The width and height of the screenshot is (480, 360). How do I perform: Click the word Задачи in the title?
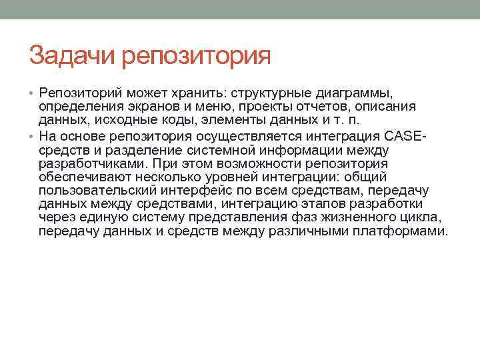[x=73, y=55]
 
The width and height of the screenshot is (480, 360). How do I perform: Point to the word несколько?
[x=169, y=178]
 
